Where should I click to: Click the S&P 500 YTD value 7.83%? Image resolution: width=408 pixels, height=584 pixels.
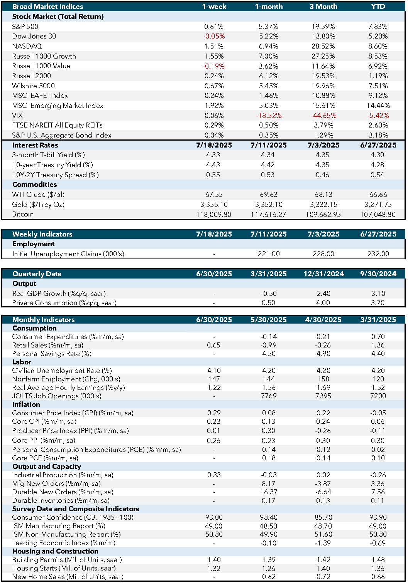pos(378,26)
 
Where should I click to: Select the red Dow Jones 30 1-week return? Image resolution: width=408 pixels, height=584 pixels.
pos(214,36)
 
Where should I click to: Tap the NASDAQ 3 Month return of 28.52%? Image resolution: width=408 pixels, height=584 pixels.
pos(323,46)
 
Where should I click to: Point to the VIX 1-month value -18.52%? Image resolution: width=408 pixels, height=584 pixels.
pos(269,116)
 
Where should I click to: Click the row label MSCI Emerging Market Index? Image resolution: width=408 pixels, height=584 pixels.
pos(58,106)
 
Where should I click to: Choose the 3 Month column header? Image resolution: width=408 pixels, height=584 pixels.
pos(323,7)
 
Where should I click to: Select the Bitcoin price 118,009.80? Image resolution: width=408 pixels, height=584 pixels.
pos(214,215)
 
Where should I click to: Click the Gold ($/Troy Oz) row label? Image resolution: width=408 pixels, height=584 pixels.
pos(38,205)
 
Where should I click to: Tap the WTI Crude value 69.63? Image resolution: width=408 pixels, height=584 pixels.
pos(269,195)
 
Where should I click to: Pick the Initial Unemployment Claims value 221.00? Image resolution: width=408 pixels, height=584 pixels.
pos(269,254)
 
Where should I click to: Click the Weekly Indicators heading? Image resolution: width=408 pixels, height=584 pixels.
pos(42,234)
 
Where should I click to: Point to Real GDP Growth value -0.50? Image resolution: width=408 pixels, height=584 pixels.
pos(269,294)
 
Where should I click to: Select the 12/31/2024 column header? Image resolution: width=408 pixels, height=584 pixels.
pos(323,274)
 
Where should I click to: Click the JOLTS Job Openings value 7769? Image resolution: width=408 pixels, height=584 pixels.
pos(269,396)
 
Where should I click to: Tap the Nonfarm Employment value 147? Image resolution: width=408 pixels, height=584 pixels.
pos(214,379)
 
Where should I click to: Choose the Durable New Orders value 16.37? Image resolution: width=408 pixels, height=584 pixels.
pos(268,492)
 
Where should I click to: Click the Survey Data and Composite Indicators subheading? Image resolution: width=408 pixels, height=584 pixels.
pos(76,509)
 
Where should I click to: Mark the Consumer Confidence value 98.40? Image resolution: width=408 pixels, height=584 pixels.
pos(269,517)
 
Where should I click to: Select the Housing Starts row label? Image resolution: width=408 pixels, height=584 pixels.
pos(64,568)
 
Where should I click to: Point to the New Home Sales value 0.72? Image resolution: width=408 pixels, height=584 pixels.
pos(323,577)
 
